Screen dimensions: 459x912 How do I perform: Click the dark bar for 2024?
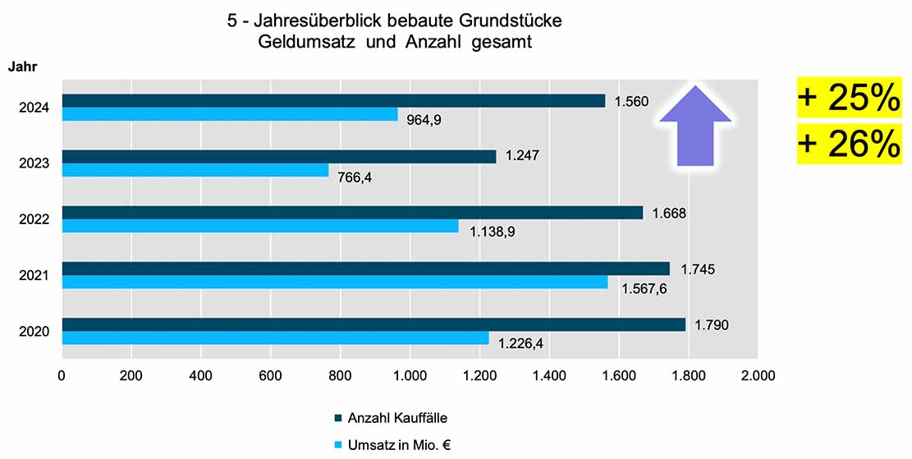point(333,101)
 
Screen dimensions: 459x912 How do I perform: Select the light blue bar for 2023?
point(195,170)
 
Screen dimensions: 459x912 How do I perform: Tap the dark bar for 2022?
point(352,213)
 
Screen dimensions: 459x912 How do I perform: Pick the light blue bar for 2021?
point(335,282)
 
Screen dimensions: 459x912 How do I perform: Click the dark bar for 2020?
point(374,324)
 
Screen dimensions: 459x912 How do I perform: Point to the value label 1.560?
point(631,102)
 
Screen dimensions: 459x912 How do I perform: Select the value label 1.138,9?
point(492,231)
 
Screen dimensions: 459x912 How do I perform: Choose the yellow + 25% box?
point(848,99)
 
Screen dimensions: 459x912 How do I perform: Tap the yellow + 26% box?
point(848,145)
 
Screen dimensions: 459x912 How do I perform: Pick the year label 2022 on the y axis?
point(34,219)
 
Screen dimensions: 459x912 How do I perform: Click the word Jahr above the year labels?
point(22,67)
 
